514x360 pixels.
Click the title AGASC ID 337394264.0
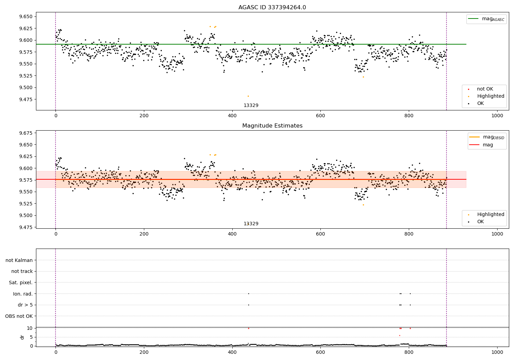tap(272, 8)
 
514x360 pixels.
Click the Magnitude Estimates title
tap(272, 126)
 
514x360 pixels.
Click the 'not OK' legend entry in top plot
tap(485, 89)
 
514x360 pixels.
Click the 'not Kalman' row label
tap(19, 260)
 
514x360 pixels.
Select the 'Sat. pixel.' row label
tap(21, 283)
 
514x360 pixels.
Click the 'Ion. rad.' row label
tap(23, 294)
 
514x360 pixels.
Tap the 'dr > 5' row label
tap(25, 305)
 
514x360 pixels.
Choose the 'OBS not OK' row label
tap(19, 316)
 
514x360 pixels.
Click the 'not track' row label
tap(22, 271)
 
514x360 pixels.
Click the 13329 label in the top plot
tap(251, 106)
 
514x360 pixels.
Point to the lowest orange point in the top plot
tap(248, 96)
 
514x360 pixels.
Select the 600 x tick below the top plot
tap(320, 116)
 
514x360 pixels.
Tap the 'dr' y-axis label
tap(22, 337)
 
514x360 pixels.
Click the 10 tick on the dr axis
tap(30, 328)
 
